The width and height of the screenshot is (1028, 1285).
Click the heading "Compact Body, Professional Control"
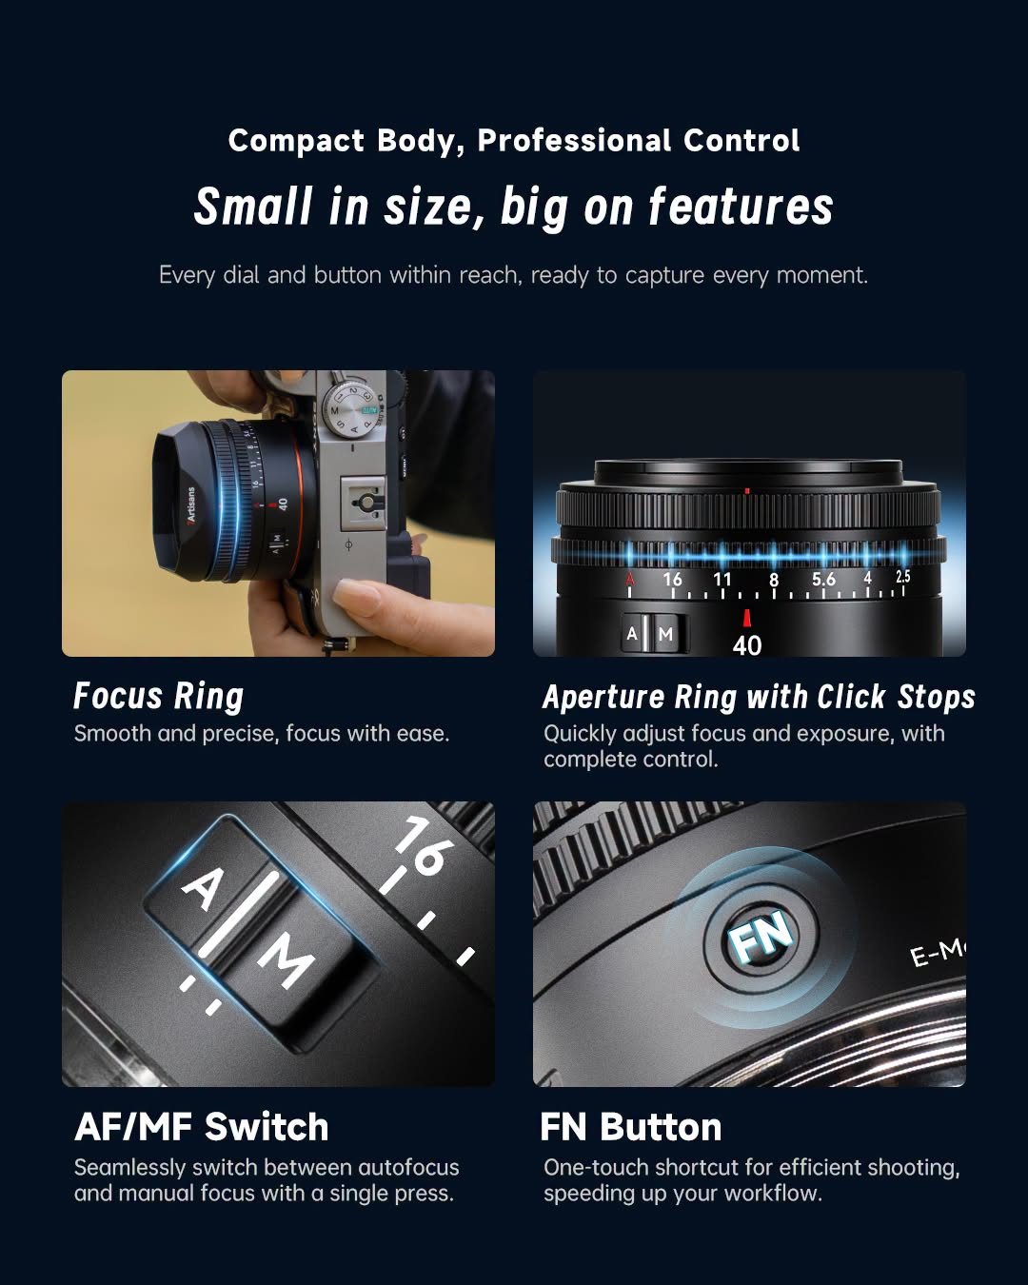(514, 142)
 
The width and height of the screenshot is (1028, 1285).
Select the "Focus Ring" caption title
(158, 696)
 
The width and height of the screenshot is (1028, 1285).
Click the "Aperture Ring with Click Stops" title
(759, 696)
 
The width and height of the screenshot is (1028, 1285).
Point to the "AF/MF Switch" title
(201, 1127)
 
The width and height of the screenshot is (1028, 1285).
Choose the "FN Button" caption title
(631, 1127)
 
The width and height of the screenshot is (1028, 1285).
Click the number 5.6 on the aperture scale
(823, 580)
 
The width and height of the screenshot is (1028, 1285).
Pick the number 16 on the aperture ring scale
(672, 580)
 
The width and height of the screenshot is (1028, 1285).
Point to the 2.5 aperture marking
(902, 577)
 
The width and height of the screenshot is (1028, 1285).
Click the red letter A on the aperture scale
(629, 580)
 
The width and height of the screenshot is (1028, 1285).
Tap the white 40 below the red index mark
(746, 645)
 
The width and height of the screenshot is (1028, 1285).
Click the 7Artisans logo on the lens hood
(190, 505)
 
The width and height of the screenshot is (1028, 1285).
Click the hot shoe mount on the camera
(364, 503)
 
